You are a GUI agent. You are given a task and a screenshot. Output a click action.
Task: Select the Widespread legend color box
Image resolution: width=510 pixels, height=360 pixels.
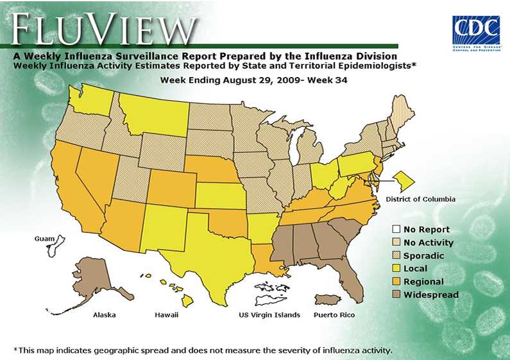tap(396, 295)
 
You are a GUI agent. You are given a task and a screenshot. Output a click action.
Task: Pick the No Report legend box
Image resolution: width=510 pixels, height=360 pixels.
tap(396, 230)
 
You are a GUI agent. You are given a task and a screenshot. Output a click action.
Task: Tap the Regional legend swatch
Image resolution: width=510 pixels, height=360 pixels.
tap(396, 282)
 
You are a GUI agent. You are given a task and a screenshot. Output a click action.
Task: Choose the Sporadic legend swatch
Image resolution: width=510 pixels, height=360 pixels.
tap(396, 256)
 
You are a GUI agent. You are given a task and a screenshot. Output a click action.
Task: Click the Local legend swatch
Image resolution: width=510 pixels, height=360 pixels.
tap(396, 269)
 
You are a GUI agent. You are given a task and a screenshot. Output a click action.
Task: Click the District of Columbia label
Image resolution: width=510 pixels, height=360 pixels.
tap(420, 200)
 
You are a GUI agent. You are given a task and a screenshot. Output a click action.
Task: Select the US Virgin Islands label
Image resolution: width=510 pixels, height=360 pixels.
tap(269, 315)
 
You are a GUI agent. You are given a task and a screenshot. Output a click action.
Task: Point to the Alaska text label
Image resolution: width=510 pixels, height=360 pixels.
tap(104, 315)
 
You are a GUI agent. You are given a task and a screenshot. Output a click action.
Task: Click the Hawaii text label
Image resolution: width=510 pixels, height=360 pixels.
tap(166, 315)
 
